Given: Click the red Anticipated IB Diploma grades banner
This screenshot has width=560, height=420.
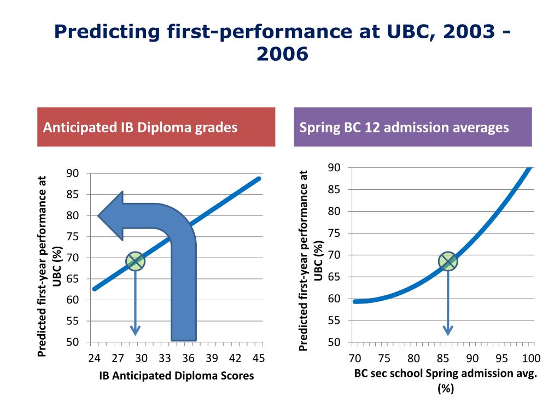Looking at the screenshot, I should point(156,127).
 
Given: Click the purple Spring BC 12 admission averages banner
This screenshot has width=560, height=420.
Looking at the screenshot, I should point(412,127).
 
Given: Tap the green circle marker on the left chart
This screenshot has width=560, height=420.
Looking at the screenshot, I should point(135,261).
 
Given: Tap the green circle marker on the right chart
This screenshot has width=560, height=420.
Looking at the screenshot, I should point(448,261).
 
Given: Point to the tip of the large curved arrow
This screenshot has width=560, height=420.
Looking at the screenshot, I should point(99,215).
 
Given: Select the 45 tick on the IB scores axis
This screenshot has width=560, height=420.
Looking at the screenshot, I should point(259,358).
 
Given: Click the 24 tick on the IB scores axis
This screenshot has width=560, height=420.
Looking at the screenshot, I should point(95,358).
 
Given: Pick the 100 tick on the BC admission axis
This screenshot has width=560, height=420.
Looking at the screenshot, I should point(531,358).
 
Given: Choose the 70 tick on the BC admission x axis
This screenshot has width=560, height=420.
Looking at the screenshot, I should point(355,358).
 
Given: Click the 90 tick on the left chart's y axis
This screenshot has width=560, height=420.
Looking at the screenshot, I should point(73,173).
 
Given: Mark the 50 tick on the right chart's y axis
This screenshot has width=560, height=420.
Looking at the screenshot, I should point(334,342).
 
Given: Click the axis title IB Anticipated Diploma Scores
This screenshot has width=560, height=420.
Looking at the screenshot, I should point(176,376).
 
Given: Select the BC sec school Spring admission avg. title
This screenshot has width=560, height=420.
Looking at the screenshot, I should point(446,375).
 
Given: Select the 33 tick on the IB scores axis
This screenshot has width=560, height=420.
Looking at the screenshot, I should point(165,358).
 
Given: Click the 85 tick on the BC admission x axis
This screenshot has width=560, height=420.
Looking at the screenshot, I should point(444,358).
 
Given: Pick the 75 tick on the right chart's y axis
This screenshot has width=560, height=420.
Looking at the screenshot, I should point(334,233).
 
